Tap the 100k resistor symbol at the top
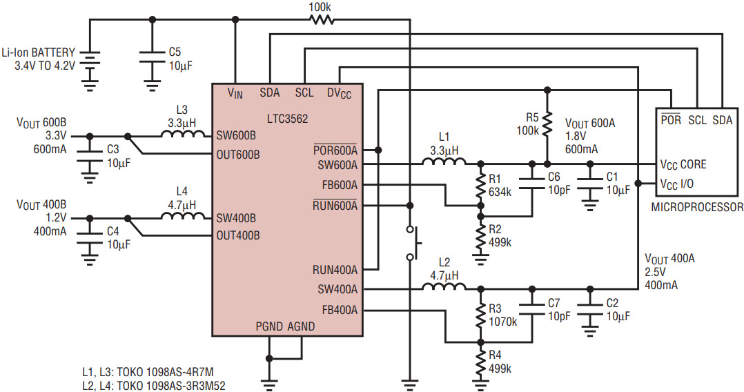pyautogui.click(x=322, y=19)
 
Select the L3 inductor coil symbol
pyautogui.click(x=183, y=134)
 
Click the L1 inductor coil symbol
pyautogui.click(x=444, y=161)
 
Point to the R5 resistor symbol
pyautogui.click(x=547, y=124)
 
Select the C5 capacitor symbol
pyautogui.click(x=152, y=59)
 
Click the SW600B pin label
pyautogui.click(x=236, y=136)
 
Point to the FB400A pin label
pyautogui.click(x=340, y=311)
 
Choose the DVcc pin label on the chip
pyautogui.click(x=340, y=93)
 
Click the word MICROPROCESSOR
pyautogui.click(x=697, y=207)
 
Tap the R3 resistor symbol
pyautogui.click(x=480, y=314)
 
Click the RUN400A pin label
pyautogui.click(x=335, y=270)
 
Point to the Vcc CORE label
pyautogui.click(x=683, y=165)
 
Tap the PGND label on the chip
pyautogui.click(x=269, y=326)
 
